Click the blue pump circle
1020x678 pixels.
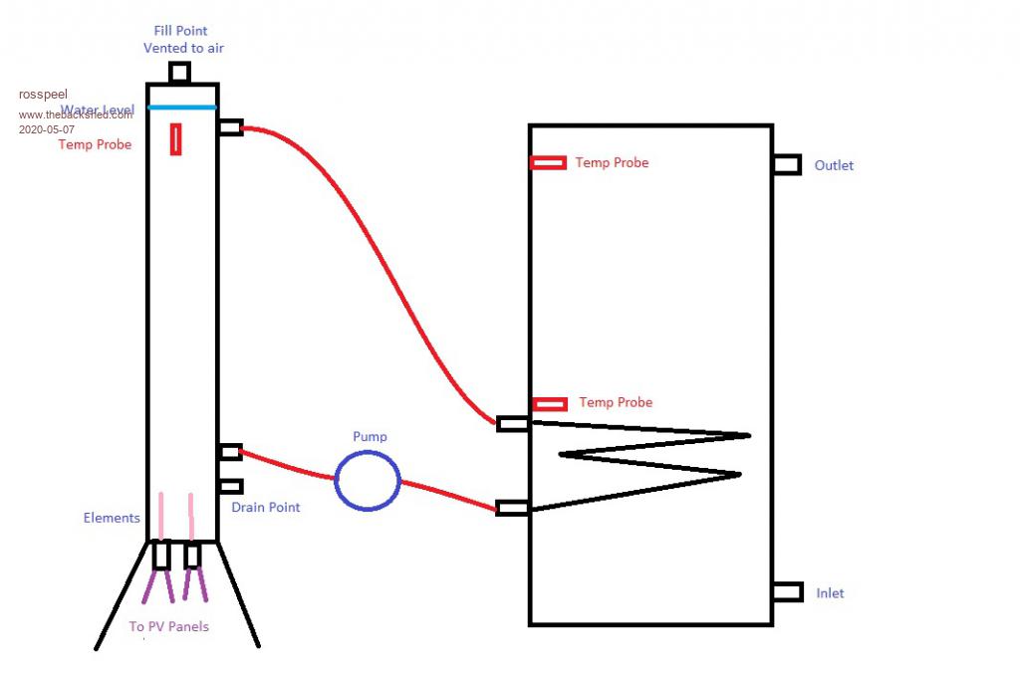368,480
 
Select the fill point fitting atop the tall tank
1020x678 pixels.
179,74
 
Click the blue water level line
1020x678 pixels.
181,107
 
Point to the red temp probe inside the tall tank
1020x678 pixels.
176,138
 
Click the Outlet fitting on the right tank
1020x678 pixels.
786,164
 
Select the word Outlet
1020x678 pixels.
834,165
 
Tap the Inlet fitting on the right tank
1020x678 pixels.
787,591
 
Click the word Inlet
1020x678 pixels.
830,593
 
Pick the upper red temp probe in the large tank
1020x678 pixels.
548,162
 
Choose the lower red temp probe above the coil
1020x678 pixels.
549,403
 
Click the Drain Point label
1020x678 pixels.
266,508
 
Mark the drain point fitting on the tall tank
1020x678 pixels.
230,487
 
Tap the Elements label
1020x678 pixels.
112,518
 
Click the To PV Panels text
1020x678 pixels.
169,627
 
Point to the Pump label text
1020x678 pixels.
370,437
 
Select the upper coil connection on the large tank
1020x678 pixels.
513,424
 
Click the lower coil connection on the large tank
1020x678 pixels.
513,508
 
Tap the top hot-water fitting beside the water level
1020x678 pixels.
230,127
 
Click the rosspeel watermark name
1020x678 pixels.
43,95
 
